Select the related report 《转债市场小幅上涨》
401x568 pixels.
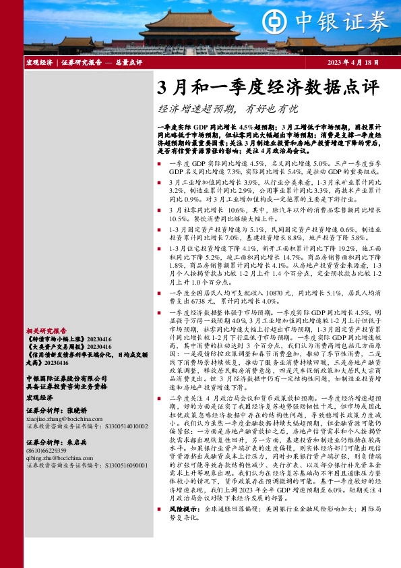56,339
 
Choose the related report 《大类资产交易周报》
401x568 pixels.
56,347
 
